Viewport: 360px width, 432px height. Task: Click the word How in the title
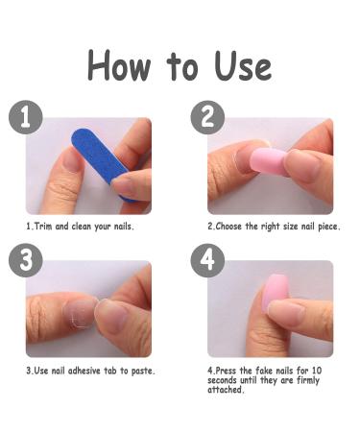[x=119, y=65]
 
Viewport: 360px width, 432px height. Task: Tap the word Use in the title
[x=243, y=66]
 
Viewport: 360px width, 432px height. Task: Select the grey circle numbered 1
[x=26, y=117]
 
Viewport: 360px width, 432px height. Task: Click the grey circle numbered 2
[x=207, y=117]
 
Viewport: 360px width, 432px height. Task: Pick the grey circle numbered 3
[x=26, y=260]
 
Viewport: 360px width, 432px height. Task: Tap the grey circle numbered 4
[x=207, y=260]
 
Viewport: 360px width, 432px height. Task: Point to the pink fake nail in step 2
[x=268, y=161]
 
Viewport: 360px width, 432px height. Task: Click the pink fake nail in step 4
[x=271, y=293]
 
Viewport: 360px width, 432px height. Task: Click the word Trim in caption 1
[x=43, y=227]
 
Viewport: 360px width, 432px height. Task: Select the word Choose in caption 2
[x=228, y=227]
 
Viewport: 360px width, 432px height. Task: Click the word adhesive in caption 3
[x=84, y=371]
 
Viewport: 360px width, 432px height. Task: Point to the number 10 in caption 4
[x=317, y=371]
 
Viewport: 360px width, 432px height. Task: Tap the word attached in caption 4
[x=225, y=390]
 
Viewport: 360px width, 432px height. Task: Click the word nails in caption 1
[x=122, y=227]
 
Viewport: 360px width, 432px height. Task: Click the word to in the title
[x=181, y=66]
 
